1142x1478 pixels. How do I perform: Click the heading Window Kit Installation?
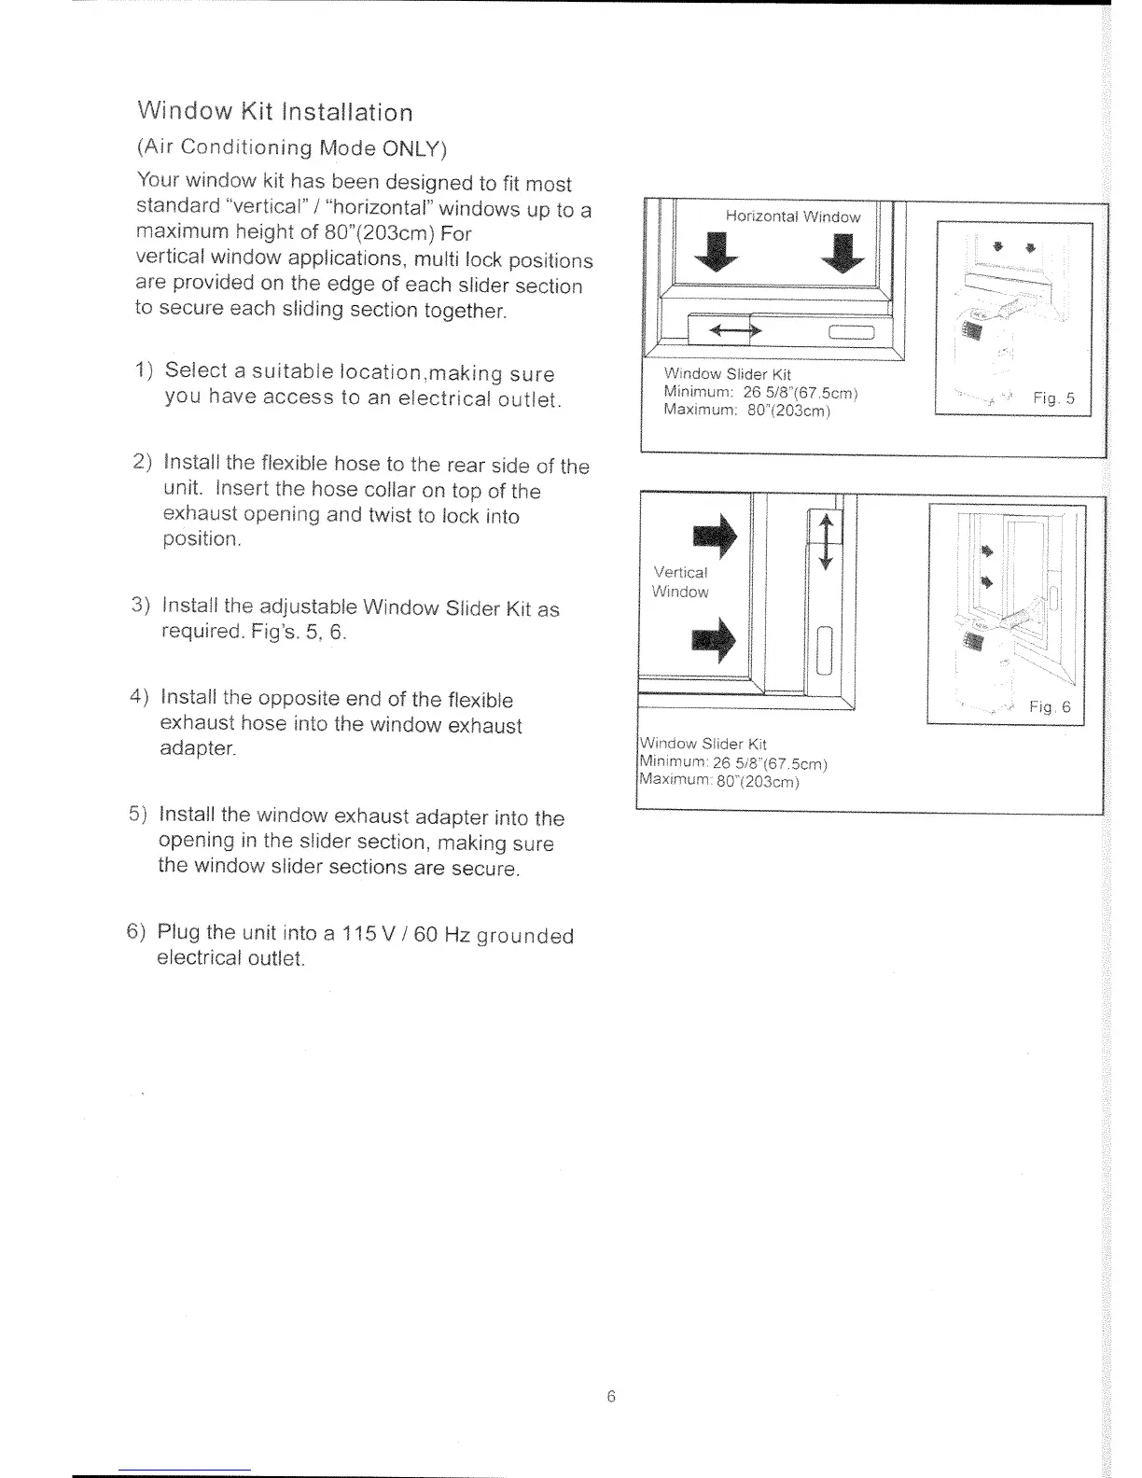click(x=274, y=113)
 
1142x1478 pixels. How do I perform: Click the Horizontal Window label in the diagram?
click(x=793, y=216)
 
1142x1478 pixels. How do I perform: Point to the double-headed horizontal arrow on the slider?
click(x=733, y=330)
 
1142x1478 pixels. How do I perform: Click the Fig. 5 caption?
click(x=1053, y=398)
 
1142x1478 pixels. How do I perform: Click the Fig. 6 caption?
click(x=1051, y=707)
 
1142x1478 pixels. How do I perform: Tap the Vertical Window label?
click(x=680, y=582)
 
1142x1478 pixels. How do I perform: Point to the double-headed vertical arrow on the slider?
click(x=825, y=540)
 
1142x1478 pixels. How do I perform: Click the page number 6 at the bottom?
click(x=611, y=1397)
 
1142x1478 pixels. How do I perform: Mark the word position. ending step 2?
click(x=202, y=539)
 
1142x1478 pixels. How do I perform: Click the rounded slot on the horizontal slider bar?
click(x=849, y=332)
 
